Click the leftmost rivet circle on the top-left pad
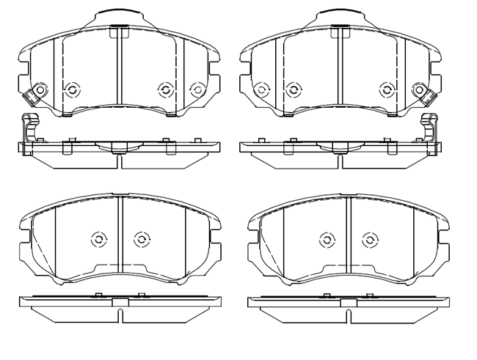click(x=72, y=90)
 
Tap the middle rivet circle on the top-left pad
click(x=164, y=89)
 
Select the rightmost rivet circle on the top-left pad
click(x=196, y=89)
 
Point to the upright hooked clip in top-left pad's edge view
click(x=29, y=129)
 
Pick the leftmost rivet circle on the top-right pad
click(x=261, y=90)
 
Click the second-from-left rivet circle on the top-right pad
click(x=293, y=90)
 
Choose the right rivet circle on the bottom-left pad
click(x=142, y=239)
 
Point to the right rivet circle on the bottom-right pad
click(x=370, y=239)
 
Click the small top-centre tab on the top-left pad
click(x=117, y=32)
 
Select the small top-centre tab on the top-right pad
click(x=339, y=32)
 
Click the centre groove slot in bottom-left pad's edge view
click(x=119, y=313)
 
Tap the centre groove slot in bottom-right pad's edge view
click(x=349, y=313)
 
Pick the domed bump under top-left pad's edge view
click(x=117, y=150)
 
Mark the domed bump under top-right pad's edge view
click(x=340, y=150)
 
